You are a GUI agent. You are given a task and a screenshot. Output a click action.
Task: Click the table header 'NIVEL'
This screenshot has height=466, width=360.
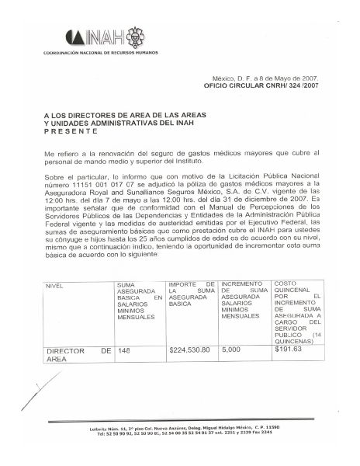pos(55,287)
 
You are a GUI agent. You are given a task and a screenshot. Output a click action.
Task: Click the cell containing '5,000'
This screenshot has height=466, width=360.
pos(231,350)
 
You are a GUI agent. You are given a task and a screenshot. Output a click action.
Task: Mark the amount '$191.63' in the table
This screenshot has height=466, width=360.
pos(288,350)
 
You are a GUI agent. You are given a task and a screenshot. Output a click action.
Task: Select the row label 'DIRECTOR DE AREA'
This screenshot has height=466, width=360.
pos(78,355)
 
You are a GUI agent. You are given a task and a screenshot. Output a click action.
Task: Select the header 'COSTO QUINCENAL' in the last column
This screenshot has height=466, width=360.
pos(291,290)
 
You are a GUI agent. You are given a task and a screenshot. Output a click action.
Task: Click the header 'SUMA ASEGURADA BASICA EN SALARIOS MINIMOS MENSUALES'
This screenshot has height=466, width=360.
pos(139,304)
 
